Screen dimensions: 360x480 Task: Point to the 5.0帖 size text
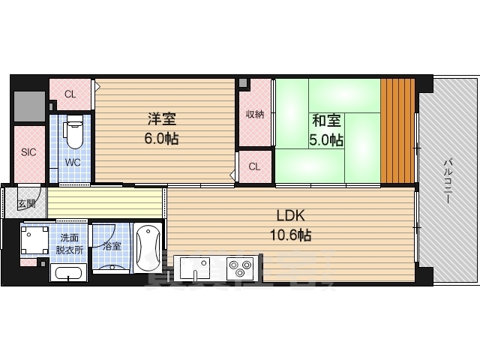[327, 139]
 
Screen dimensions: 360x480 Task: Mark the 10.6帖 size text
[289, 235]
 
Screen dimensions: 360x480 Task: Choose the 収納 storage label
[255, 115]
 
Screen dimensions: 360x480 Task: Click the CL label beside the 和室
[254, 166]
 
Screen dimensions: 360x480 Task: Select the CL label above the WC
[70, 94]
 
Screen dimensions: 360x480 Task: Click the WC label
[72, 161]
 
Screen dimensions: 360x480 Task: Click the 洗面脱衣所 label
[68, 244]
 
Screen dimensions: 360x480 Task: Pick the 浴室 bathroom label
[112, 245]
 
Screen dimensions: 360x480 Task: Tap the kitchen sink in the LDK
[193, 266]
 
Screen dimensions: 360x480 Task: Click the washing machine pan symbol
[34, 241]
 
